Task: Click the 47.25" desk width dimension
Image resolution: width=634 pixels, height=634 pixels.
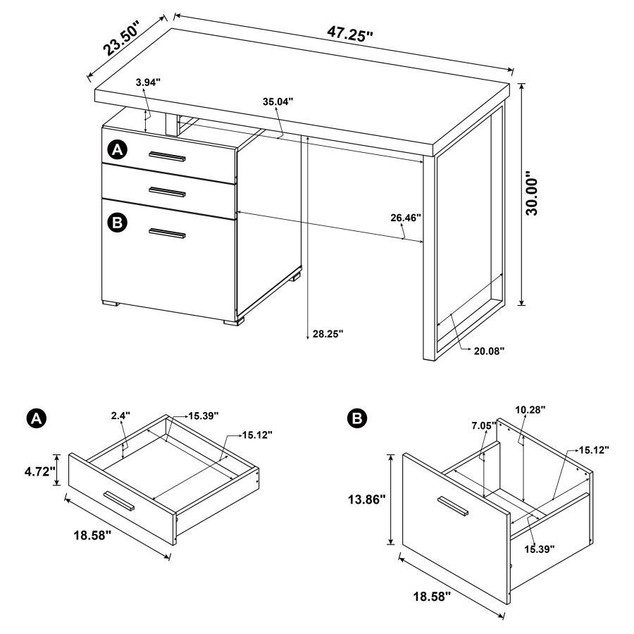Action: click(x=349, y=33)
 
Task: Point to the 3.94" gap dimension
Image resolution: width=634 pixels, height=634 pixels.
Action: click(x=148, y=82)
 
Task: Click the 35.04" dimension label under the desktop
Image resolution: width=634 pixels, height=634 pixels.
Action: click(x=278, y=101)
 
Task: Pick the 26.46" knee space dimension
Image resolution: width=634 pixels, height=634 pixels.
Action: click(x=406, y=218)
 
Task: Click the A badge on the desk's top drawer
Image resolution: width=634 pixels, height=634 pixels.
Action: click(x=117, y=149)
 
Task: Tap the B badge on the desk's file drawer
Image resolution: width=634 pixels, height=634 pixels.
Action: click(x=117, y=223)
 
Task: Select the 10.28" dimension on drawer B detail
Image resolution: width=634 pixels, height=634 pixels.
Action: click(x=530, y=409)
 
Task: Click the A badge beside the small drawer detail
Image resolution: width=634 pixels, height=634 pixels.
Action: click(x=35, y=418)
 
